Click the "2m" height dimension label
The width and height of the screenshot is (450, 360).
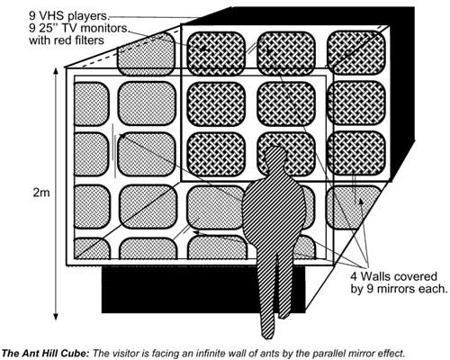pos(41,193)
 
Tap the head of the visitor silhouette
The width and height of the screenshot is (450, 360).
pos(274,156)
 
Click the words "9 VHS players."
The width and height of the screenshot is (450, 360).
pos(69,14)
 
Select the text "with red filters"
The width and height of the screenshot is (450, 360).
pos(67,40)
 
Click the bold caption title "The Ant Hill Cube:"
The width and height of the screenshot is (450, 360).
pos(46,353)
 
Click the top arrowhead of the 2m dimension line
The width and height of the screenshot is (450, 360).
pos(56,72)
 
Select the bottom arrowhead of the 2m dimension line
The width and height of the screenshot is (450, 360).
pos(56,316)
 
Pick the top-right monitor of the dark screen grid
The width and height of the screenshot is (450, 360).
pos(356,52)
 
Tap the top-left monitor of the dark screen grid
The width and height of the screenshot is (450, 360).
pos(216,53)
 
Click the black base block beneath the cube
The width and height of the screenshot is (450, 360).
pos(203,289)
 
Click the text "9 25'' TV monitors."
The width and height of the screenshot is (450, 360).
pos(79,28)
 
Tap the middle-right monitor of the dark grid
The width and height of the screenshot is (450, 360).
pos(356,103)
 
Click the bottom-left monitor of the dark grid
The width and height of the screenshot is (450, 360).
pos(216,154)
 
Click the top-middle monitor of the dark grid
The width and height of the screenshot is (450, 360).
pos(286,53)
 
